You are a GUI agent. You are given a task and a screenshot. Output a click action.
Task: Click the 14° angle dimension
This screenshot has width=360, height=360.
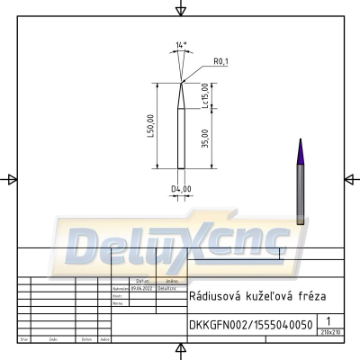pos(182,43)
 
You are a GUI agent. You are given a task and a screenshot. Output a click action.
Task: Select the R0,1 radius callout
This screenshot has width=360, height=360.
pos(220,60)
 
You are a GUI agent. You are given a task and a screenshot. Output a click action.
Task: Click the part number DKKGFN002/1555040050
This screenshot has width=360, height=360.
pos(251,325)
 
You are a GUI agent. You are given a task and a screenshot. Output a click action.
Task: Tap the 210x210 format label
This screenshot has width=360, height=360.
pos(330,333)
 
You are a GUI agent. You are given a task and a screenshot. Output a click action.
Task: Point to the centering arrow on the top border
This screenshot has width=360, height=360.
pos(180,10)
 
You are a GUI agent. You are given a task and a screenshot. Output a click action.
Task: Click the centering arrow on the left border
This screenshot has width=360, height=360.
pos(10,179)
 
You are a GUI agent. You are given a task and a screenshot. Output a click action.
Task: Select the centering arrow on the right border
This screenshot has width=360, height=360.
pos(350,179)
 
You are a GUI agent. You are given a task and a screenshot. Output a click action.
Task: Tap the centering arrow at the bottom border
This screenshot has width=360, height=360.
pos(180,350)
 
